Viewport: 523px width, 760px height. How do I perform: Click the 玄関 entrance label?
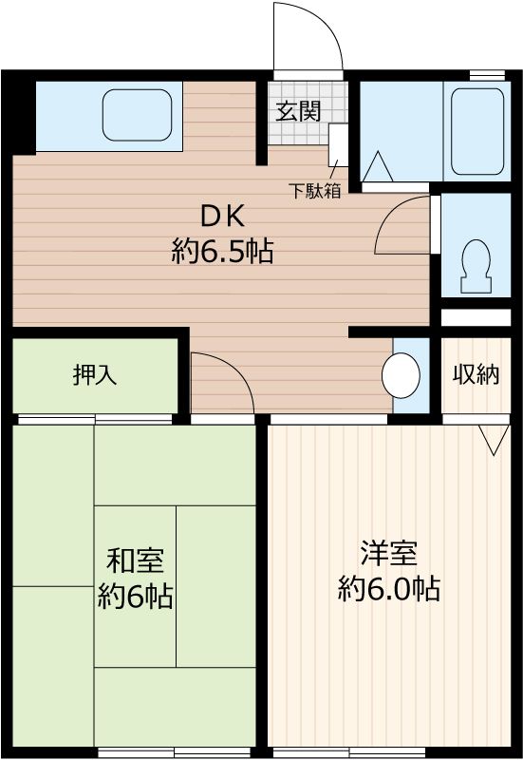click(x=298, y=111)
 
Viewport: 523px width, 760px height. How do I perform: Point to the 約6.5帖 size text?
click(x=223, y=252)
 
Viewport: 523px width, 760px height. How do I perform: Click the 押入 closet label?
click(x=95, y=374)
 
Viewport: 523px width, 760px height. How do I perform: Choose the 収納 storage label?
click(x=475, y=374)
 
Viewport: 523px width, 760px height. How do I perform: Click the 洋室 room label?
click(x=388, y=554)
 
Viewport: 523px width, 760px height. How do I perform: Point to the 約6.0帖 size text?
click(x=388, y=589)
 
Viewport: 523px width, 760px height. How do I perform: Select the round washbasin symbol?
click(x=401, y=376)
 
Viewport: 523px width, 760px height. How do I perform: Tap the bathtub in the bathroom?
click(x=476, y=131)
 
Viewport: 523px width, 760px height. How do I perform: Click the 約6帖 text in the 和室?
click(x=135, y=598)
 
